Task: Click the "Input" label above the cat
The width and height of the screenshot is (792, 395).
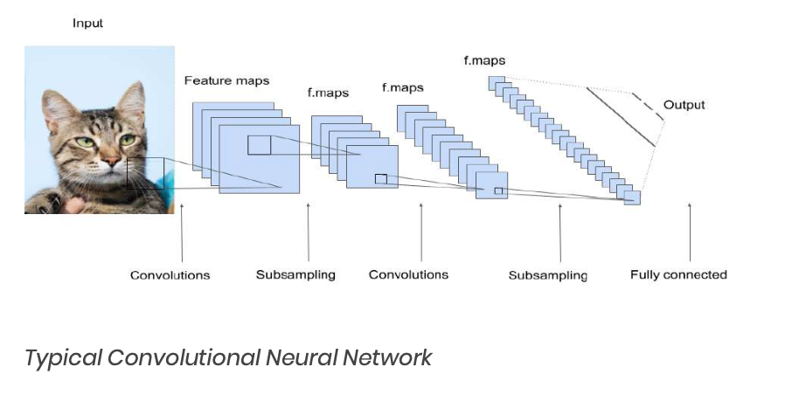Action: pyautogui.click(x=87, y=24)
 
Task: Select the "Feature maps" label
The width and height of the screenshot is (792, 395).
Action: pyautogui.click(x=226, y=80)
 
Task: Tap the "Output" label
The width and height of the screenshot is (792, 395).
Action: pyautogui.click(x=684, y=105)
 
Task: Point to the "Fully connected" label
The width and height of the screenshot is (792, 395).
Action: pyautogui.click(x=678, y=274)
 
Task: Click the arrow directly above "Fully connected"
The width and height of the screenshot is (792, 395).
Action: pyautogui.click(x=690, y=232)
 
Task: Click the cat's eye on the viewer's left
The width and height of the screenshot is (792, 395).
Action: pyautogui.click(x=84, y=142)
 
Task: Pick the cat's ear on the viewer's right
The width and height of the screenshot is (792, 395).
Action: pyautogui.click(x=132, y=98)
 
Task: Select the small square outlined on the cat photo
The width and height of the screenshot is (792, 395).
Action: pyautogui.click(x=145, y=173)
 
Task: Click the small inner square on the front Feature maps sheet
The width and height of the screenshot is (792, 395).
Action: pyautogui.click(x=259, y=145)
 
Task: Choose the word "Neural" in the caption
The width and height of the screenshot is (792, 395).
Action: pyautogui.click(x=302, y=357)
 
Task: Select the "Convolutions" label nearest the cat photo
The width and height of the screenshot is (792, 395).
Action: pyautogui.click(x=170, y=274)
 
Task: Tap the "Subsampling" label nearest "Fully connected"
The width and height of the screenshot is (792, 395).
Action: pyautogui.click(x=548, y=275)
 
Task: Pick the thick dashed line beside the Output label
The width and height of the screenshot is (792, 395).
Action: pyautogui.click(x=643, y=103)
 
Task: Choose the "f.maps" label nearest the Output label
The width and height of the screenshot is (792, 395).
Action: pyautogui.click(x=484, y=60)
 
